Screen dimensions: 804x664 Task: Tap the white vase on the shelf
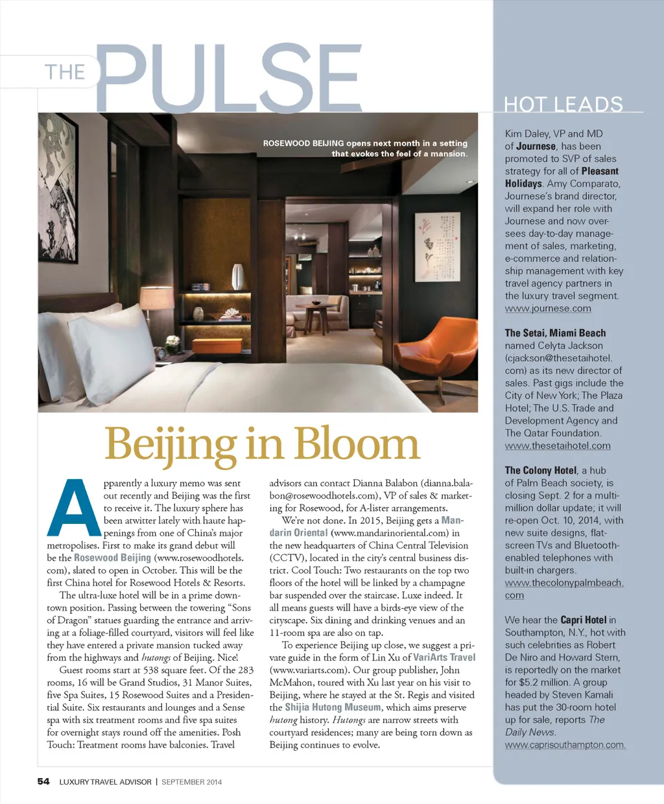pos(238,276)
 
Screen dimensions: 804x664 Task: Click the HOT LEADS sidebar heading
pos(563,104)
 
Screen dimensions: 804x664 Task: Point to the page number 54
pos(43,781)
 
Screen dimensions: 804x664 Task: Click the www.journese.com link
pos(548,309)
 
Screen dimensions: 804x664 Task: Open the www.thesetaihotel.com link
pos(558,445)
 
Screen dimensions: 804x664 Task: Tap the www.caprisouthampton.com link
pos(565,745)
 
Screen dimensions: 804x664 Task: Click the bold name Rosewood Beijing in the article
pos(112,558)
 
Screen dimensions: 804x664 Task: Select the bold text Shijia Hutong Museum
pos(333,707)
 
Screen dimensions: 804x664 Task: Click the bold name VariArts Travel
pos(444,657)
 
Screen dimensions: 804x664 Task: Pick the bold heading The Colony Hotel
pos(540,471)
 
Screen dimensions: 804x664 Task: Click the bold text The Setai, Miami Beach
pos(555,333)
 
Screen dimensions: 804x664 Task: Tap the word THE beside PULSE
pos(65,71)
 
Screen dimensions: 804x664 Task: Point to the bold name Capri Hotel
pos(583,620)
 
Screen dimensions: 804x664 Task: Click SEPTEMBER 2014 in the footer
pos(191,782)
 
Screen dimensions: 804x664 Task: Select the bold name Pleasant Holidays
pos(562,177)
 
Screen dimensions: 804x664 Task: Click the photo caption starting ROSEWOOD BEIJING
pos(365,148)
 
